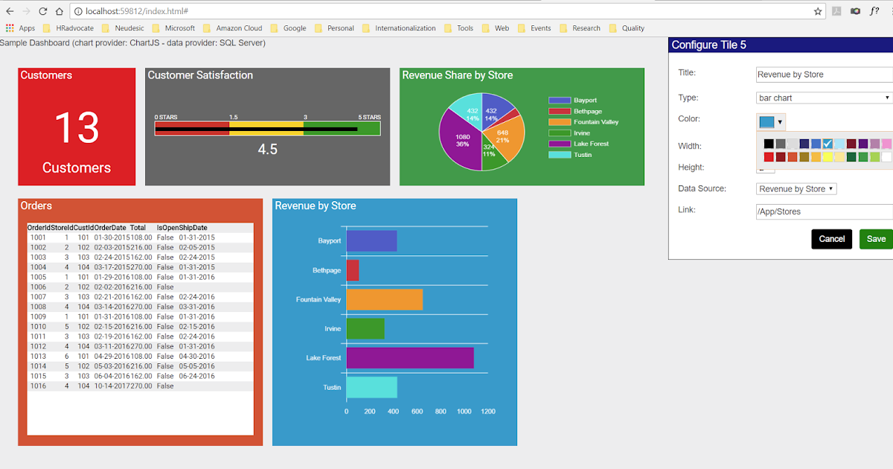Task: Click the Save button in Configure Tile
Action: (x=876, y=239)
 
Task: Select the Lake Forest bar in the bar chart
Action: (x=410, y=358)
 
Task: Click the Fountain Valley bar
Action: (x=384, y=299)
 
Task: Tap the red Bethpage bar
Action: (x=353, y=270)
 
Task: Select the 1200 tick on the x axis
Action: (x=488, y=412)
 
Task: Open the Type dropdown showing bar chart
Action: (x=824, y=98)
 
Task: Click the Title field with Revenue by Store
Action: (x=824, y=74)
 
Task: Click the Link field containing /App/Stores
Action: (x=824, y=212)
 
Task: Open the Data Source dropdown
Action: (x=796, y=189)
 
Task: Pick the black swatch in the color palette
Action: (x=769, y=144)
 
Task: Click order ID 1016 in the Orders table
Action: (x=38, y=386)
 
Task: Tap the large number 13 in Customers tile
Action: (x=77, y=127)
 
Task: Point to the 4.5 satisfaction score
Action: (x=267, y=150)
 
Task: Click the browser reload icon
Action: (x=43, y=11)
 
